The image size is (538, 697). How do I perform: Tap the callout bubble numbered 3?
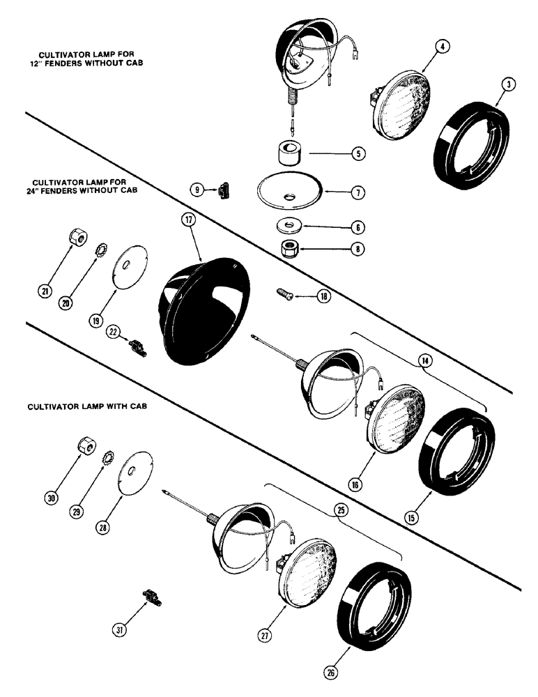510,84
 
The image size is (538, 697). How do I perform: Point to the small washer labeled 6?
287,225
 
